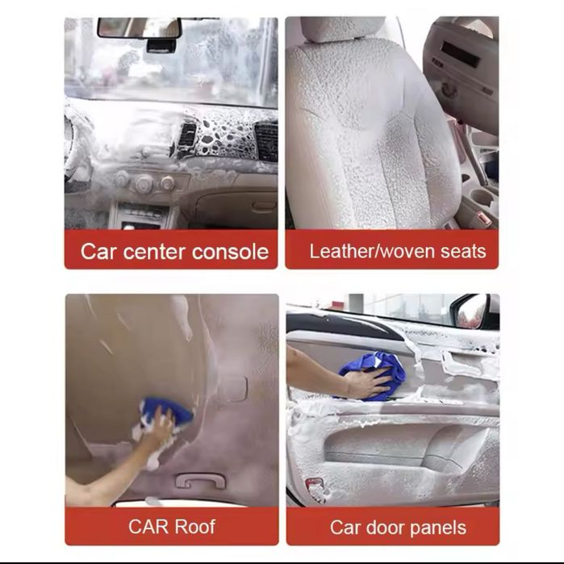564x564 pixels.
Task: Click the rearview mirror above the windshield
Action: click(x=140, y=27)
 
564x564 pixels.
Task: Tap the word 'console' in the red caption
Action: click(x=230, y=252)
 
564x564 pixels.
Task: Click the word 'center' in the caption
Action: click(x=155, y=252)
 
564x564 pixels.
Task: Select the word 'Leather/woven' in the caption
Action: click(x=372, y=251)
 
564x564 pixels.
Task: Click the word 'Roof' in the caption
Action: click(x=195, y=527)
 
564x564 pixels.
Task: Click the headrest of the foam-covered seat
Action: click(x=342, y=29)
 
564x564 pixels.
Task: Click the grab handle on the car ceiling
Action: click(x=200, y=480)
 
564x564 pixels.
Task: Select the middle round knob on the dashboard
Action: click(x=144, y=182)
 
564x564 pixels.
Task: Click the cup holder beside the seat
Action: click(x=481, y=197)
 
